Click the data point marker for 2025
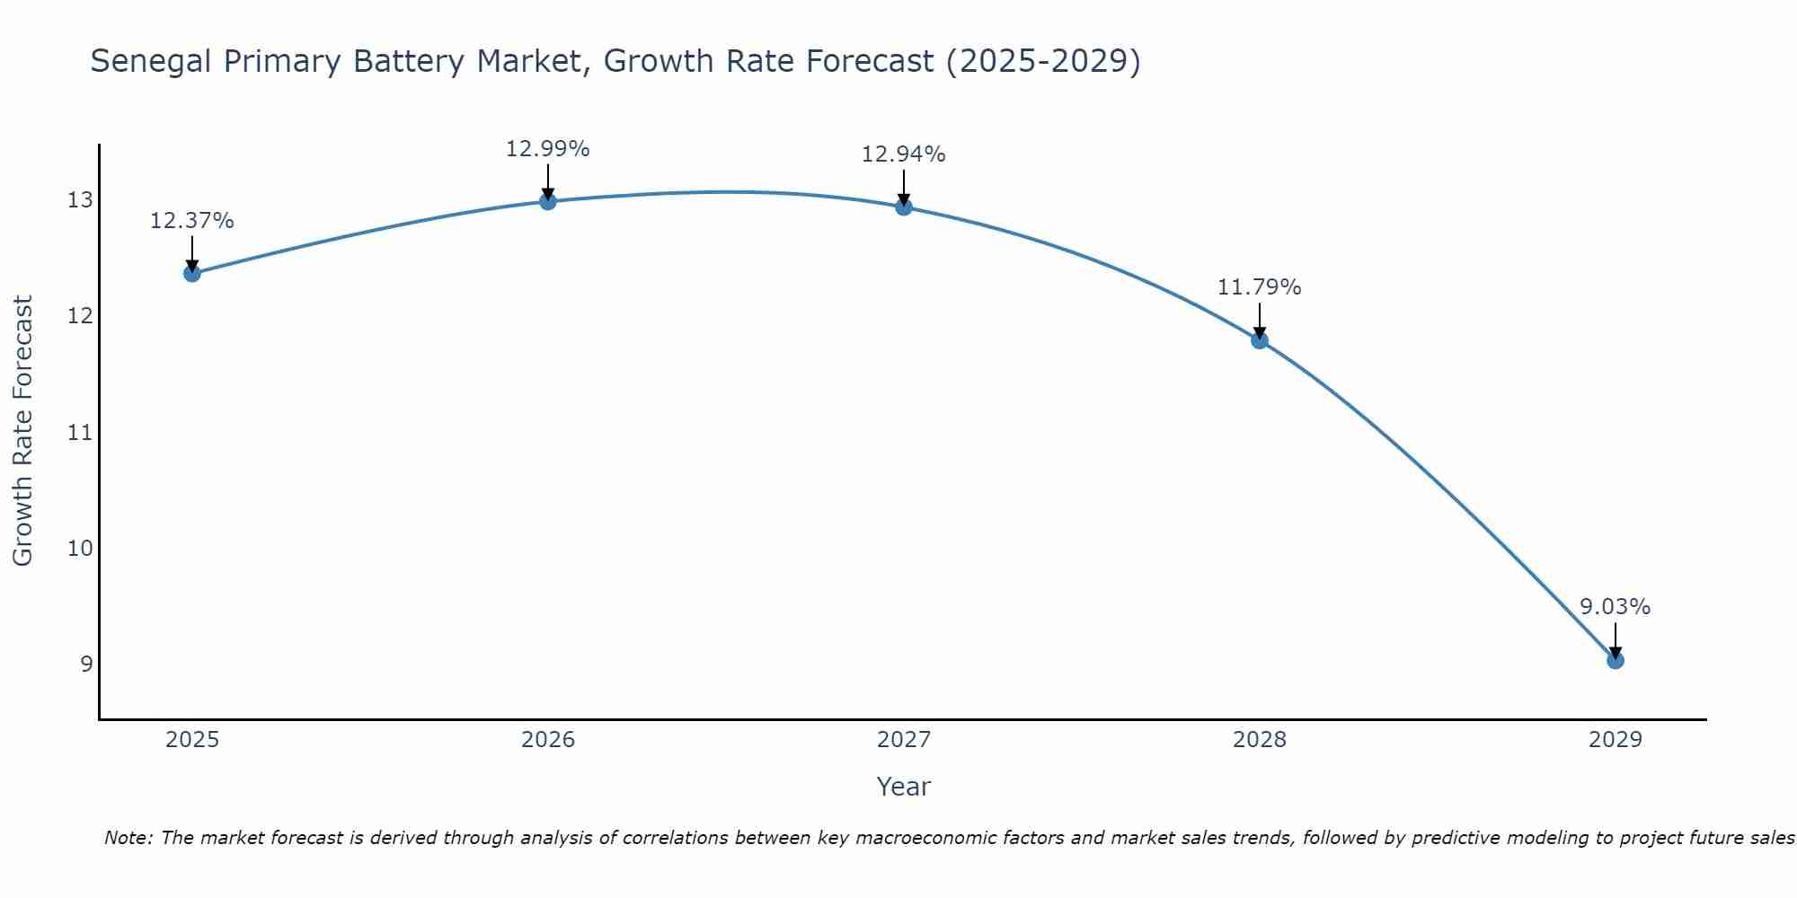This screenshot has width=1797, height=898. (x=192, y=273)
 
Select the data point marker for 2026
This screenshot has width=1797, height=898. (x=548, y=201)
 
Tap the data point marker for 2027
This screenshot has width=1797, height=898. (x=904, y=207)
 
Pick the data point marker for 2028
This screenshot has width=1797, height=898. (x=1260, y=340)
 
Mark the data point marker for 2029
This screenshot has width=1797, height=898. (x=1616, y=661)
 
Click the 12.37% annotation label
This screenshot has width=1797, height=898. (x=192, y=221)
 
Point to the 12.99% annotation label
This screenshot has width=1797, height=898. (x=548, y=149)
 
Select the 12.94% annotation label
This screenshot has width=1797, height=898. (x=904, y=154)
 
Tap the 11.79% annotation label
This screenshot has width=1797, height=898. (x=1260, y=287)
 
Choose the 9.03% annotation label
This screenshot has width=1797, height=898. (x=1616, y=607)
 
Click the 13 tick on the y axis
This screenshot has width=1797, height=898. (x=80, y=200)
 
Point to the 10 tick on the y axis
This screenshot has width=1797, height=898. (x=80, y=549)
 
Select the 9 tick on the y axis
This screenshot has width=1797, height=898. (x=86, y=665)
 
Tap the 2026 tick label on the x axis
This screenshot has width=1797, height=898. (x=548, y=740)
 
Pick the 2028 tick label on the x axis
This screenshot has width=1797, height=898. (x=1260, y=740)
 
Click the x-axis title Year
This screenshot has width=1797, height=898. (x=904, y=787)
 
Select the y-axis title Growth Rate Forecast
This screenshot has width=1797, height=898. (x=22, y=431)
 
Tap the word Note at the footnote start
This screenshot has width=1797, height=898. (x=128, y=838)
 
